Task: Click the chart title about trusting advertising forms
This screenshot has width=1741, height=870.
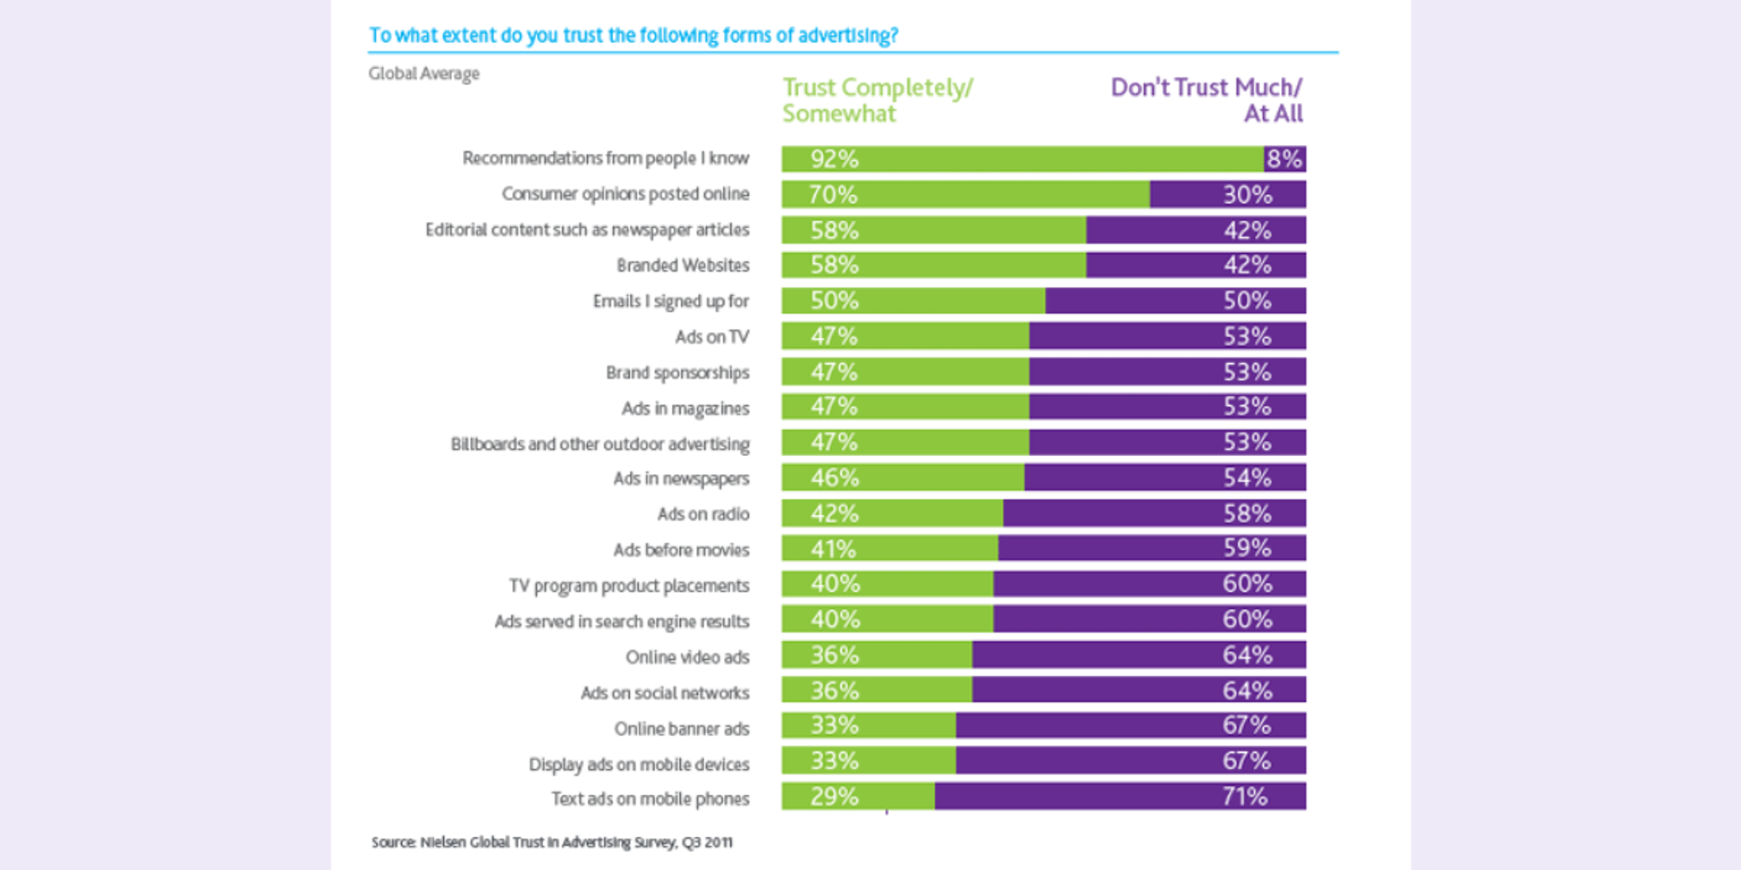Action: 633,36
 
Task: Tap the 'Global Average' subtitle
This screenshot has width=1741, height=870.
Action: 424,74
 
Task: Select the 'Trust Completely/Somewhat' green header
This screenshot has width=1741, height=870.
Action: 877,100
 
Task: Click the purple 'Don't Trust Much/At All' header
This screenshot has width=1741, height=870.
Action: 1206,100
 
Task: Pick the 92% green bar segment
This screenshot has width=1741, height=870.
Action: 1022,159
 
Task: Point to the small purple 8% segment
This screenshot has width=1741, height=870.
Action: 1284,159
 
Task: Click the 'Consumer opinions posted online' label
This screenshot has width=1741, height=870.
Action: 625,194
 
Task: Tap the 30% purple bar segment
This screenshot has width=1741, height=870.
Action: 1227,195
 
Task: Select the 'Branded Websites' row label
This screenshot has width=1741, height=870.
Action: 682,265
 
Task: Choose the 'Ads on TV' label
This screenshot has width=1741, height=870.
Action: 711,337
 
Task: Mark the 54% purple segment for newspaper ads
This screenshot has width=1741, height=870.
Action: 1165,478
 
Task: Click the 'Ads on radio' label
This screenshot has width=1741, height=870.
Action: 702,514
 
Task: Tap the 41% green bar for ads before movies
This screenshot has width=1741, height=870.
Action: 889,549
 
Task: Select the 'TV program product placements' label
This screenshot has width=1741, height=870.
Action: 629,586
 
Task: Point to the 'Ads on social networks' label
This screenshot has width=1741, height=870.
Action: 664,693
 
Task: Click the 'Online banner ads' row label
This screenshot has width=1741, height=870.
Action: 681,728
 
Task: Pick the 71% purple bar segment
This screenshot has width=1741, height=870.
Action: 1119,796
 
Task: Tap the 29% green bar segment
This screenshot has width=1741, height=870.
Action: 857,796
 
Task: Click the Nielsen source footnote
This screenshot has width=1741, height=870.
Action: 552,842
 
